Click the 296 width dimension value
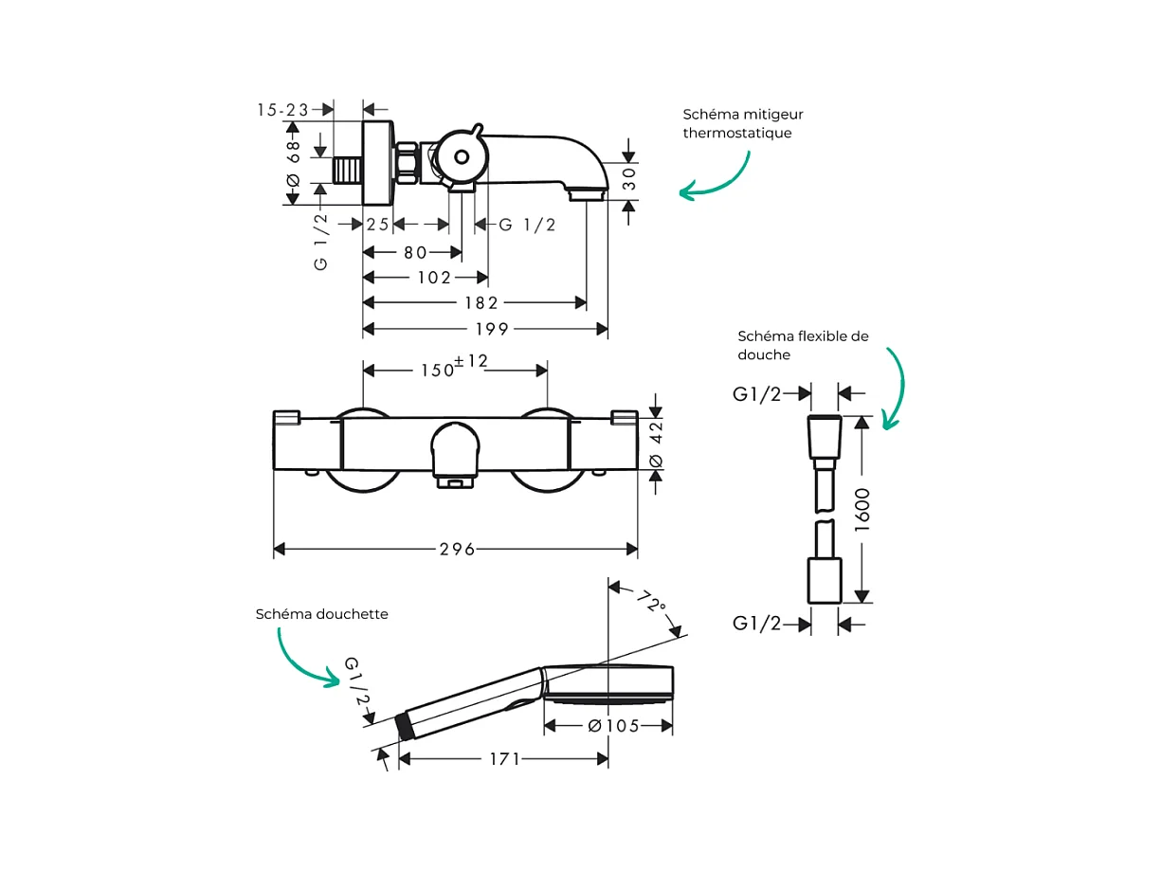[456, 550]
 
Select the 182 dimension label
[481, 303]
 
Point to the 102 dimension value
[434, 278]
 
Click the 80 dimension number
[415, 252]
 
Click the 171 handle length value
[504, 759]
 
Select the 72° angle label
[651, 603]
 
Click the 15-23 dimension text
[283, 110]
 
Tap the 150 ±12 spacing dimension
[454, 368]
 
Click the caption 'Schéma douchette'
[322, 614]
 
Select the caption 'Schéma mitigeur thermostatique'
[742, 123]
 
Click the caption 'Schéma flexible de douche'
[803, 345]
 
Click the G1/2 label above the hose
[757, 394]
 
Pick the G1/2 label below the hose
[757, 624]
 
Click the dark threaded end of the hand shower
[406, 726]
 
